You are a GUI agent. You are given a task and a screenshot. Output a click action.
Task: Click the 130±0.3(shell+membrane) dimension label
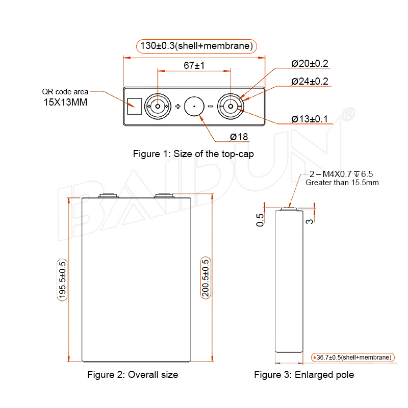coord(196,46)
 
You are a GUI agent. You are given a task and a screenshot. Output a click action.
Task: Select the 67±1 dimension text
coord(194,65)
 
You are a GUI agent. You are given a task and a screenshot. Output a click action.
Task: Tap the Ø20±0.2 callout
coord(310,63)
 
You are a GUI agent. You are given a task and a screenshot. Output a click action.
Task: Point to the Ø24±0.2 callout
coord(310,82)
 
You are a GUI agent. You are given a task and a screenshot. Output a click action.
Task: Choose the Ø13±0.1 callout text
coord(310,119)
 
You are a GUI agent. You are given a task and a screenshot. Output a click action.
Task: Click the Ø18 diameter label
coord(239,137)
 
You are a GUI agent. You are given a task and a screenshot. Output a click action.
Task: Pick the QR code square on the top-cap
coord(135,107)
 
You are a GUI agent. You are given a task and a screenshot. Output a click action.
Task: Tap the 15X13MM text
coord(65,103)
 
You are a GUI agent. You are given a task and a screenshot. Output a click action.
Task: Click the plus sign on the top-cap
coord(178,106)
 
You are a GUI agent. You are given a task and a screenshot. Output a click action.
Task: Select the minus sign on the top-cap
coord(211,106)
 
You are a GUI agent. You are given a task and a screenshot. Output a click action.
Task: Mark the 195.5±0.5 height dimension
coord(62,280)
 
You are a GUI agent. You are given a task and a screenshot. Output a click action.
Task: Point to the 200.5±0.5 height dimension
coord(206,278)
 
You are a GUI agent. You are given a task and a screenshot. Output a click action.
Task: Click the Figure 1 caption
coord(193,154)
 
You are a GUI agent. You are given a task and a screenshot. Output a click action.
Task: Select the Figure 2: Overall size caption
coord(133,375)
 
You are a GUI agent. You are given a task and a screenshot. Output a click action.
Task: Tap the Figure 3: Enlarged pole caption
coord(304,375)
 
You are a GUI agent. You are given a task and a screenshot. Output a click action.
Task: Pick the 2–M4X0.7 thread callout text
coord(341,174)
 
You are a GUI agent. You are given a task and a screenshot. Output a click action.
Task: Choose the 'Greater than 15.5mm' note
coord(342,183)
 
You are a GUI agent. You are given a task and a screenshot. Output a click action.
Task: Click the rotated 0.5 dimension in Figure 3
coord(260,220)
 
